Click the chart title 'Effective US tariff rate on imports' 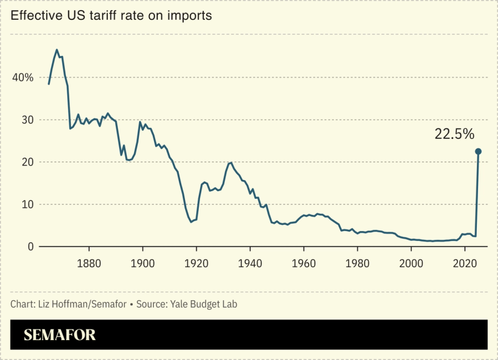click(112, 16)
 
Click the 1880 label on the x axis click(89, 263)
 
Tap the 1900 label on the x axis click(143, 263)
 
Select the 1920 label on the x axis click(196, 263)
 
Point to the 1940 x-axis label click(250, 263)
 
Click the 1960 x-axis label click(304, 263)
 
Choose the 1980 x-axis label click(357, 263)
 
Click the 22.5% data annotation click(454, 134)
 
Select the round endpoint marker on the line click(478, 151)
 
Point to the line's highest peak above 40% click(57, 50)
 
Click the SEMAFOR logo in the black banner click(60, 335)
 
